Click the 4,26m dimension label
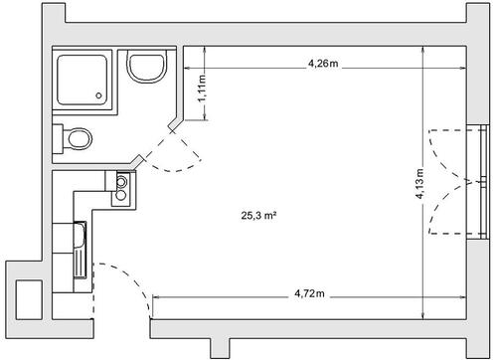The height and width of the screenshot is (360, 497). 322,63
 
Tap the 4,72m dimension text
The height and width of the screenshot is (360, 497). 310,294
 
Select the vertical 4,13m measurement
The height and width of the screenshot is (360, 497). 419,185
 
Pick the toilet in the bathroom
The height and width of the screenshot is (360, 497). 78,137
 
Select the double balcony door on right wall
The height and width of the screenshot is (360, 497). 452,183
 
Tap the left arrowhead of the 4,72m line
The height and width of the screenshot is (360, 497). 155,302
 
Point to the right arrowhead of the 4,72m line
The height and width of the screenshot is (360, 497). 464,302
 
